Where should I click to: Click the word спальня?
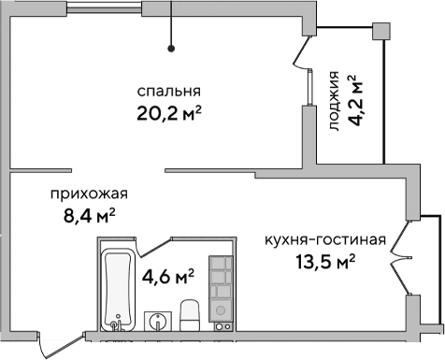(168, 92)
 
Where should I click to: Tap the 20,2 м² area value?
(168, 114)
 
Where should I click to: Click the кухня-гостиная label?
(324, 239)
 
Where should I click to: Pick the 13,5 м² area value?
(324, 262)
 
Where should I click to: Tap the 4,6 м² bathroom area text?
(167, 276)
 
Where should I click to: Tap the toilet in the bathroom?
(189, 316)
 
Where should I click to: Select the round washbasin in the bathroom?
(159, 323)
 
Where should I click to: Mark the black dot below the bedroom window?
(171, 48)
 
